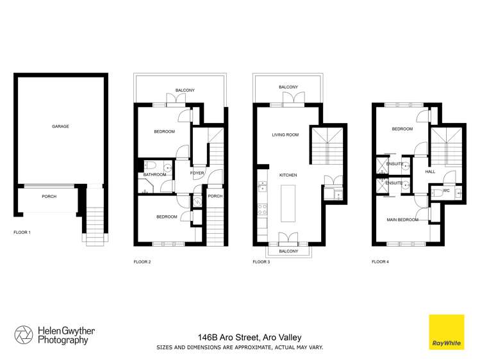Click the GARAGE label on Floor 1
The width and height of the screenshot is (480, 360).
(61, 126)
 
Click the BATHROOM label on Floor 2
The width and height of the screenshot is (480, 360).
(154, 174)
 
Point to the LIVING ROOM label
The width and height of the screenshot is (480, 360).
(285, 135)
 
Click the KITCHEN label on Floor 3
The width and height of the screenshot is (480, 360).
(288, 174)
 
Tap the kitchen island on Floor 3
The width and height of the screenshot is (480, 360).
(288, 203)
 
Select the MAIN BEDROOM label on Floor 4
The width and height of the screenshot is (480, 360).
(402, 220)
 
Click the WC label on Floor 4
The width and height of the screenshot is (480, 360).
(446, 190)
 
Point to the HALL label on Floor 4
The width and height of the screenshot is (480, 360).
(430, 172)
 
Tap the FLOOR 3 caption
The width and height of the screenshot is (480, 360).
(261, 261)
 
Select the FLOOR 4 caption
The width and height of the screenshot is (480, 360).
(380, 261)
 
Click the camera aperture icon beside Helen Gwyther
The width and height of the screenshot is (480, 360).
(24, 335)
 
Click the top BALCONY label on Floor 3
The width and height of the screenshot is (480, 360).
(288, 87)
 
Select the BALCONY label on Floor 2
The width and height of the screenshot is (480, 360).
(185, 90)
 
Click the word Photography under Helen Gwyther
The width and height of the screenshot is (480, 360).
(62, 340)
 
